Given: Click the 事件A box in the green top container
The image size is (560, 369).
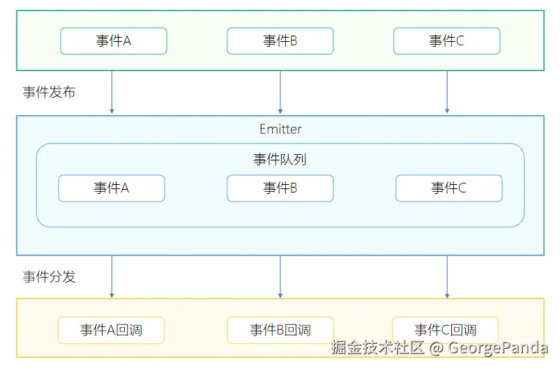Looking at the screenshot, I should tap(114, 41).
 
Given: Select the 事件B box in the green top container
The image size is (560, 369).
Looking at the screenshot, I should tap(280, 41).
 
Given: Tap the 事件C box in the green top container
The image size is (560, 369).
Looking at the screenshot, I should tap(446, 41).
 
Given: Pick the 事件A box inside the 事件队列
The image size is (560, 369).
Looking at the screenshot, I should tap(112, 188).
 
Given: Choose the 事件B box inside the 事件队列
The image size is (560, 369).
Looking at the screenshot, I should tap(280, 188).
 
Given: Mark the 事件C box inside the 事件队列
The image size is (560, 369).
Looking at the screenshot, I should tap(448, 188).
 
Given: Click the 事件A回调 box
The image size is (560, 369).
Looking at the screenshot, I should tap(112, 330).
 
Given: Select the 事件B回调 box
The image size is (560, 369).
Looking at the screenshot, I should tap(280, 330).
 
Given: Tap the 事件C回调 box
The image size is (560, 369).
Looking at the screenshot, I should tap(445, 330).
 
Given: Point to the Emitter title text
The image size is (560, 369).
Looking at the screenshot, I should tap(280, 130).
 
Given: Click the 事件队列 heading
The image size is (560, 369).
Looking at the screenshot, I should tap(280, 160).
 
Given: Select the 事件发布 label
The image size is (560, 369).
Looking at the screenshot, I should tap(49, 92).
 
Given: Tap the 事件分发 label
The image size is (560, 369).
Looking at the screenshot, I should tap(49, 276).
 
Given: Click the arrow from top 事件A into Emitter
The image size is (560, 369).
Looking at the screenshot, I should tap(112, 93).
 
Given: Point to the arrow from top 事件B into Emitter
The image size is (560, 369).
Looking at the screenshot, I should tap(280, 93).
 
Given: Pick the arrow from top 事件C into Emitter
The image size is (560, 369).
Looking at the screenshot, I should tap(447, 93).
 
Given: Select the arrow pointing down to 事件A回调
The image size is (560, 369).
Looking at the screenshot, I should tap(112, 277).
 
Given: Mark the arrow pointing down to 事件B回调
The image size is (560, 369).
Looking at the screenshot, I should tap(280, 277).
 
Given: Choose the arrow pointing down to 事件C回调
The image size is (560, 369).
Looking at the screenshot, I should tap(447, 277).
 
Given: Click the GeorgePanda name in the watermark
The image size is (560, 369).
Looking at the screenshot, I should tap(498, 347).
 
